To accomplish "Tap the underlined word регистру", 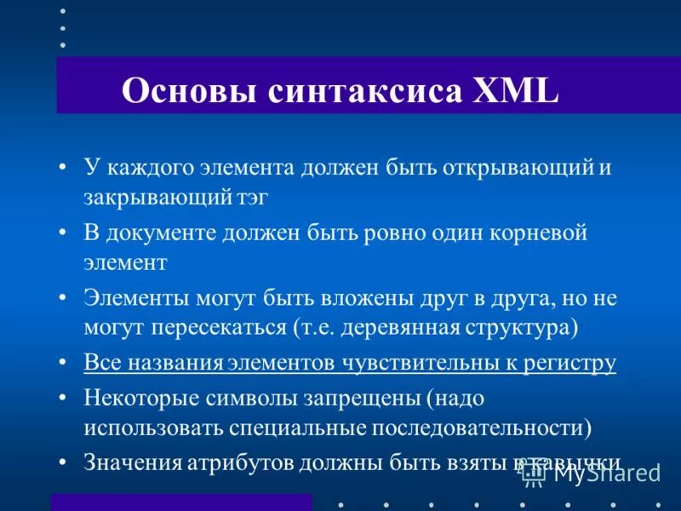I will (570, 364).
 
